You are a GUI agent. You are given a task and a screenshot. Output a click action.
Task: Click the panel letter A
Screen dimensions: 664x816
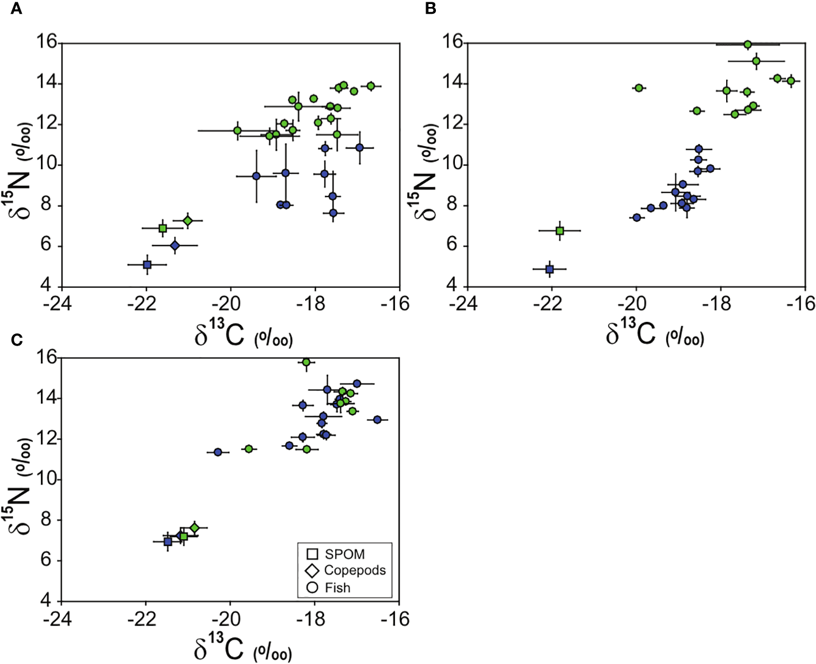pyautogui.click(x=17, y=9)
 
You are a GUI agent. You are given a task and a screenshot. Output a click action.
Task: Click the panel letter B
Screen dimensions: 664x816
pyautogui.click(x=430, y=9)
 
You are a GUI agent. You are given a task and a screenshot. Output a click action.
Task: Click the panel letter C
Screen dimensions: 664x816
pyautogui.click(x=17, y=340)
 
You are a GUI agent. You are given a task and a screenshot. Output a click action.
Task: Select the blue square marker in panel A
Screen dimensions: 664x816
pyautogui.click(x=147, y=265)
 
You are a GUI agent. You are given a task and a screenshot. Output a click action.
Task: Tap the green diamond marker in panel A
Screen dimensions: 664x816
pyautogui.click(x=188, y=221)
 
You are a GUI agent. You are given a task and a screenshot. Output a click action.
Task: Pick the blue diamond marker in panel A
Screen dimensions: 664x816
pyautogui.click(x=175, y=245)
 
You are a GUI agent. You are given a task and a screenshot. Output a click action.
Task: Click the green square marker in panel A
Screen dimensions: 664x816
pyautogui.click(x=162, y=228)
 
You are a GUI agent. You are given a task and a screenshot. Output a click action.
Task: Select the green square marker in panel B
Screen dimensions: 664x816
pyautogui.click(x=560, y=231)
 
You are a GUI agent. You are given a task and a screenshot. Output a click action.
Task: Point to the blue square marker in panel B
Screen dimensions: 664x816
pyautogui.click(x=549, y=269)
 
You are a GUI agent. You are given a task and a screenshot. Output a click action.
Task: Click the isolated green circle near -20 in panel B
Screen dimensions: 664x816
pyautogui.click(x=639, y=88)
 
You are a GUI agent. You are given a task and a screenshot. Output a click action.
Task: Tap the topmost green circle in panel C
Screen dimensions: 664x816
pyautogui.click(x=306, y=362)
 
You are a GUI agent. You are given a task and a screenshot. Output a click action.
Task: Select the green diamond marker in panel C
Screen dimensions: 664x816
pyautogui.click(x=195, y=528)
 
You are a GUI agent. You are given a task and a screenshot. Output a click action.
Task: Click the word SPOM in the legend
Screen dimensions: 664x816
pyautogui.click(x=344, y=555)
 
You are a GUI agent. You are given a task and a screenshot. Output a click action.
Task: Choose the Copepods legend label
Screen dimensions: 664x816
pyautogui.click(x=355, y=571)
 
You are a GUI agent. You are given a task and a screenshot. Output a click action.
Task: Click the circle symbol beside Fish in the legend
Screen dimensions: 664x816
pyautogui.click(x=313, y=588)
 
